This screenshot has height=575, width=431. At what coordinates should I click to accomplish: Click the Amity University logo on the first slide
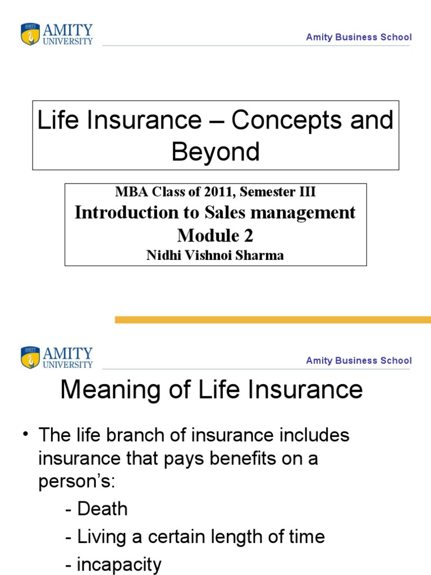coord(57,34)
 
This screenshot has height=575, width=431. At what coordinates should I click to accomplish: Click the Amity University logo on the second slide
coord(57,358)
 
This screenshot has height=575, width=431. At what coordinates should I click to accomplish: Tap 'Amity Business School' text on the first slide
coord(359,37)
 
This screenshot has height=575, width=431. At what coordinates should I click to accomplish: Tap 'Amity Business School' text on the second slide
coord(359,360)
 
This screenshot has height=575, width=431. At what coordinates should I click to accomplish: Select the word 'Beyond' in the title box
coord(215,152)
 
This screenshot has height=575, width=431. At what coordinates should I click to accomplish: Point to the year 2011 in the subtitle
coord(213,192)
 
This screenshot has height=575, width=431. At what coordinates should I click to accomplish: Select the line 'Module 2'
coord(215,235)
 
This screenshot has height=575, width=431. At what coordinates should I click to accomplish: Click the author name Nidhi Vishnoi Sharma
coord(215,255)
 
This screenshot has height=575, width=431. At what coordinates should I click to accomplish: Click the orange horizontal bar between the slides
coord(273,320)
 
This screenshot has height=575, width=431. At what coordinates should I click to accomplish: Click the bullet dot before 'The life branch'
coord(26,435)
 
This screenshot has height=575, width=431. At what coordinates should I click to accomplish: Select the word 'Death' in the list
coord(103,509)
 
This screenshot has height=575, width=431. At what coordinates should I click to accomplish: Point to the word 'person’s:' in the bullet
coord(76,482)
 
